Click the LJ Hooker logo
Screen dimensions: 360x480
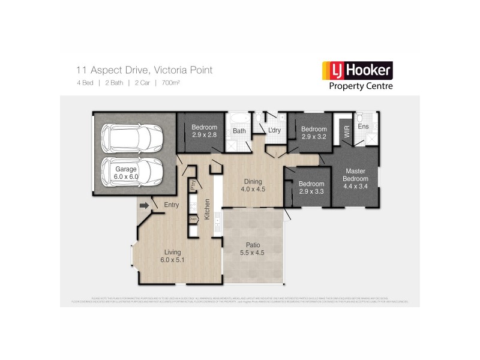click(x=357, y=76)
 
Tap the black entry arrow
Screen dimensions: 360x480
click(x=144, y=206)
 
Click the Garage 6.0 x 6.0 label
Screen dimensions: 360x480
click(x=127, y=173)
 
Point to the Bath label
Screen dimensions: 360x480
click(x=239, y=131)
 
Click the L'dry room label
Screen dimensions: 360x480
click(x=275, y=131)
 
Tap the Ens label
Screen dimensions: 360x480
click(x=363, y=127)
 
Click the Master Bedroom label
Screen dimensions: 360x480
click(x=355, y=178)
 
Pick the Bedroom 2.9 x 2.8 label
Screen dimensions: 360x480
click(x=204, y=131)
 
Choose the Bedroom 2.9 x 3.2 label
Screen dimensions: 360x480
click(x=313, y=133)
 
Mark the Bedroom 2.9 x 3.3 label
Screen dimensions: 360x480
click(x=311, y=188)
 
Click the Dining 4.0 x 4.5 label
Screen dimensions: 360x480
click(x=253, y=185)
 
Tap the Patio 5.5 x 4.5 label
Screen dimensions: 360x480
click(x=253, y=249)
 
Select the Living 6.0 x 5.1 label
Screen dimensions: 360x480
click(x=173, y=256)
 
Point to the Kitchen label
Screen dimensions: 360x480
click(x=207, y=209)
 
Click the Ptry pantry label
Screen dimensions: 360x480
click(x=193, y=185)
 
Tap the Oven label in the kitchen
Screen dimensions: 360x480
click(x=193, y=219)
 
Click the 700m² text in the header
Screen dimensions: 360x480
click(x=171, y=83)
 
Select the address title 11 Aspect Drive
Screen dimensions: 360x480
click(x=144, y=70)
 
